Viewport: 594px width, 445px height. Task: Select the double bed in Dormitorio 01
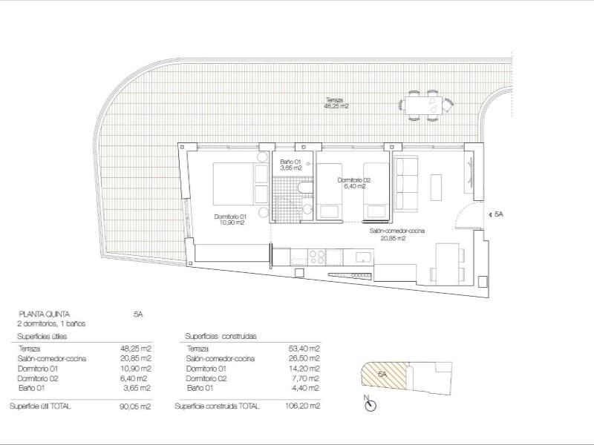click(240, 184)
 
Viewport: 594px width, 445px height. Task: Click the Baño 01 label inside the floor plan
click(290, 165)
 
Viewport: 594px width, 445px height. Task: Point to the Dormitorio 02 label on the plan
click(353, 182)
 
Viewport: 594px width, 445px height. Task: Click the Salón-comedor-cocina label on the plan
click(396, 234)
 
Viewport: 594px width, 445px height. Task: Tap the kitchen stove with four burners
click(317, 257)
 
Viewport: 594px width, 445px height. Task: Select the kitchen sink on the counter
click(364, 257)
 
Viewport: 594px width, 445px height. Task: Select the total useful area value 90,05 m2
click(136, 406)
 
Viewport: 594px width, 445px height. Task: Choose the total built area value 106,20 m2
click(304, 406)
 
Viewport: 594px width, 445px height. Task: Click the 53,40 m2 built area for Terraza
click(305, 349)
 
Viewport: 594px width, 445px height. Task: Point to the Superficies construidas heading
click(221, 336)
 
